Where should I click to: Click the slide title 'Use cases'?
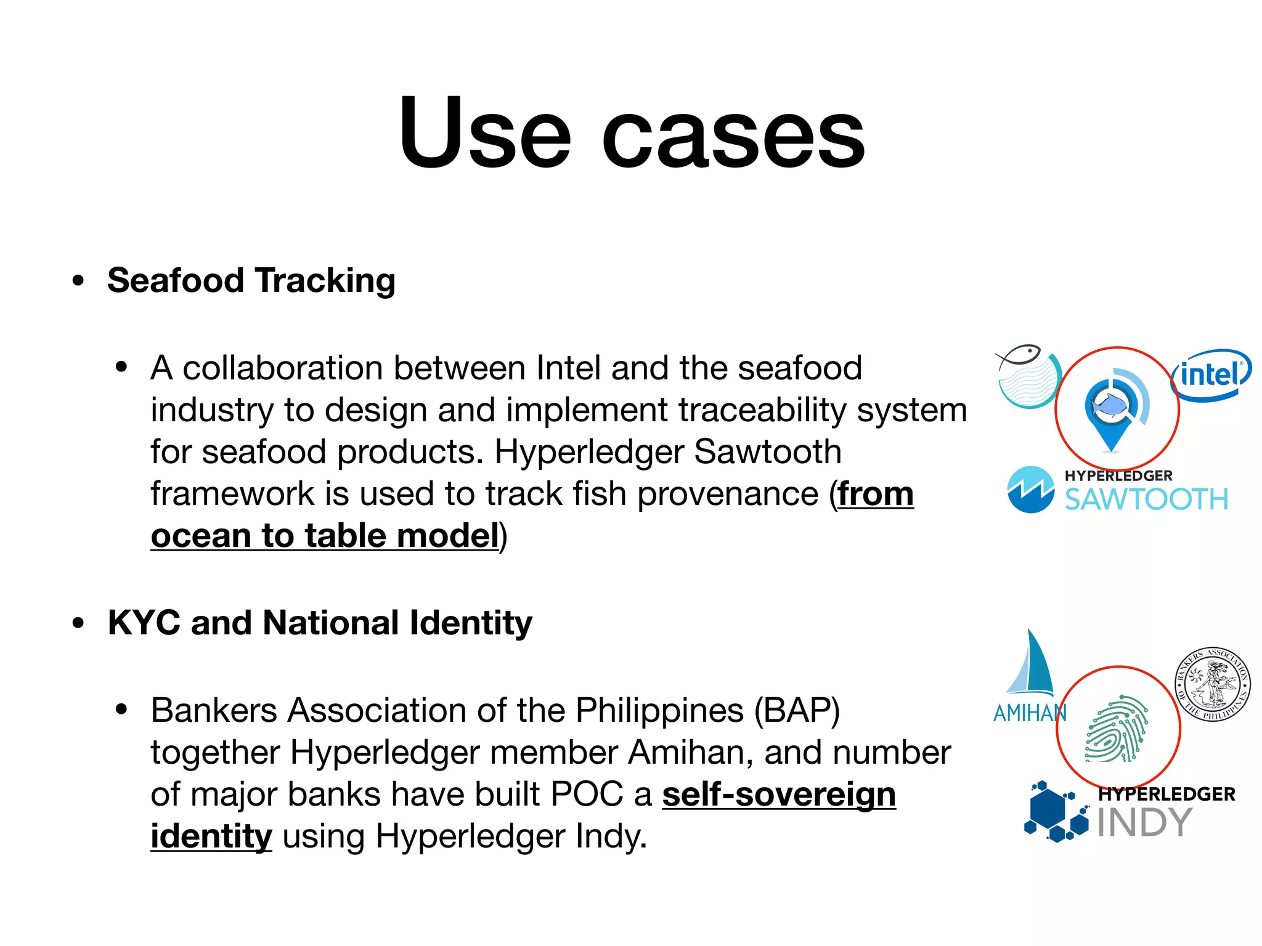[631, 132]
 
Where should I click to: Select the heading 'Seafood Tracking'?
[251, 281]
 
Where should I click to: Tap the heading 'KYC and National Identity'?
[320, 623]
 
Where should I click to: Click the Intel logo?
[1211, 375]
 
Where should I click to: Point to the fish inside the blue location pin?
[1108, 405]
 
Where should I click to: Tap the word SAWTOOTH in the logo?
[1146, 499]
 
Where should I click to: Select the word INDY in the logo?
[1144, 823]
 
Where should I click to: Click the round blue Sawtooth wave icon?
[1030, 490]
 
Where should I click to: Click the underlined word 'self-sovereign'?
[779, 794]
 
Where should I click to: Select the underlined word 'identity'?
[211, 836]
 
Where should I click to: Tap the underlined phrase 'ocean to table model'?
[325, 536]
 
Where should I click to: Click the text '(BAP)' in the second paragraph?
[797, 711]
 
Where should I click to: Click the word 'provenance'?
[727, 494]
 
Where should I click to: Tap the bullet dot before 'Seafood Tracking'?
[78, 281]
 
